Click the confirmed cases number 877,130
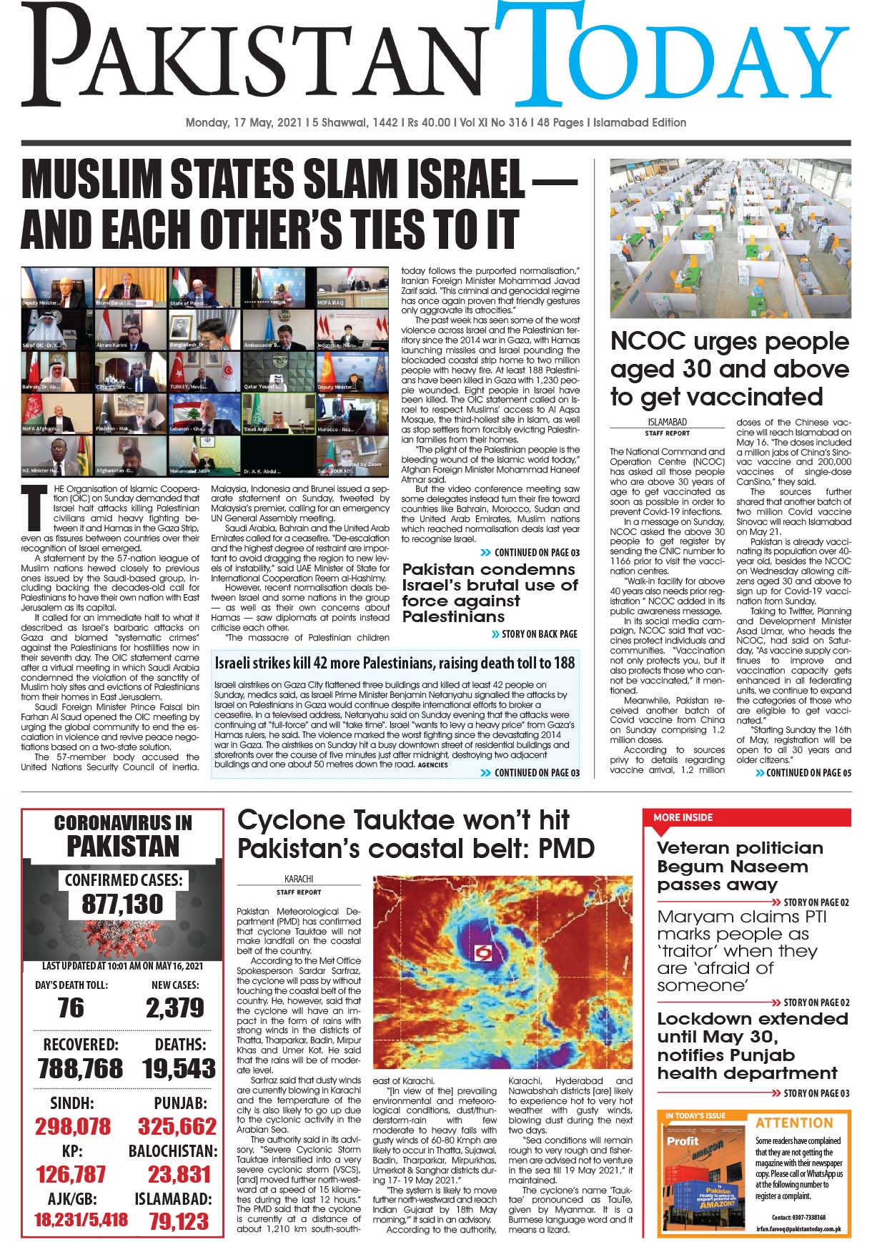pyautogui.click(x=122, y=905)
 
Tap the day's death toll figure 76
pyautogui.click(x=71, y=1007)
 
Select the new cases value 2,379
pyautogui.click(x=175, y=1007)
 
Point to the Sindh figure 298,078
pyautogui.click(x=73, y=1126)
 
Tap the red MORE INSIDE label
pyautogui.click(x=683, y=817)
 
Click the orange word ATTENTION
pyautogui.click(x=794, y=1123)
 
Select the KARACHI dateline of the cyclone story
pyautogui.click(x=299, y=879)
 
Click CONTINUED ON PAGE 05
pyautogui.click(x=808, y=772)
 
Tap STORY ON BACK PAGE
pyautogui.click(x=539, y=634)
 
